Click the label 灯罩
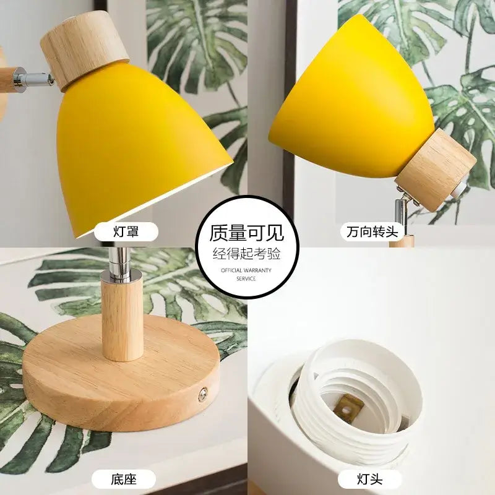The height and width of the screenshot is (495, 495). tap(126, 232)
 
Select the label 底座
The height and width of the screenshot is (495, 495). tap(123, 478)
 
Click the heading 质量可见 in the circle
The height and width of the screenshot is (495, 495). tap(247, 233)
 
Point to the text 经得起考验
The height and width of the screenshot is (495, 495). tap(247, 253)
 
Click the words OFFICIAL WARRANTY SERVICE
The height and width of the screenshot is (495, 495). tap(246, 275)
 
